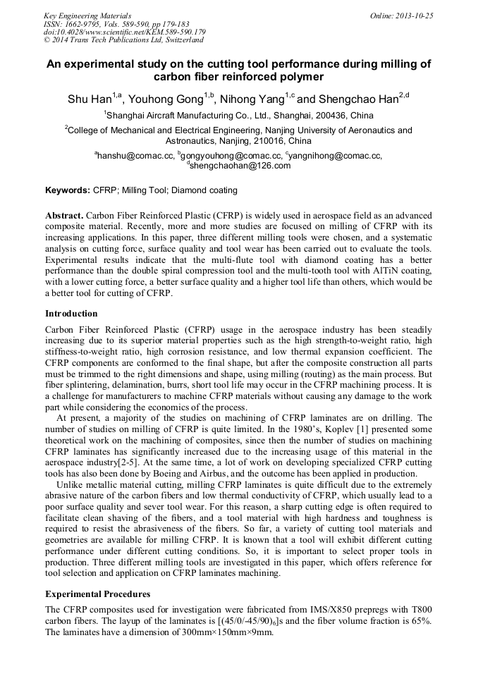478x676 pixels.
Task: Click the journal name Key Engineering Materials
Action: coord(87,16)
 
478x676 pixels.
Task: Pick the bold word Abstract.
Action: coord(64,214)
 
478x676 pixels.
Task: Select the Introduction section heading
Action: coord(71,313)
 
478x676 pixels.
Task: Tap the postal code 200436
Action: coord(325,115)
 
